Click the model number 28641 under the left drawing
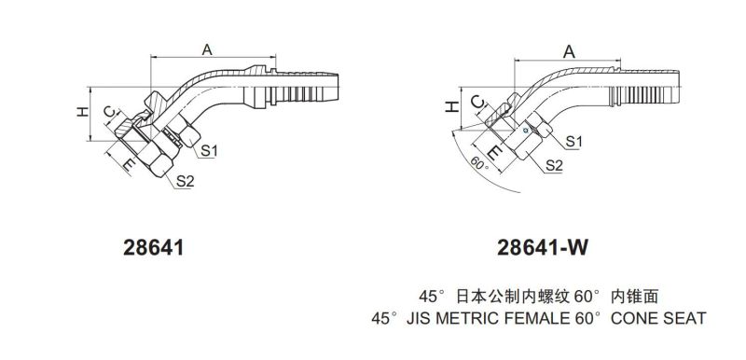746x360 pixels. tap(153, 247)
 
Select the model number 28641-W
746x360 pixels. tap(543, 247)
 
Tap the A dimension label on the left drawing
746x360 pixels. tap(206, 49)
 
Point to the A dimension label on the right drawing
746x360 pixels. tap(569, 52)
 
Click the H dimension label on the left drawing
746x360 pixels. tap(83, 112)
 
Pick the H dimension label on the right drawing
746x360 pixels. tap(451, 106)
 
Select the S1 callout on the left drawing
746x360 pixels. tap(209, 151)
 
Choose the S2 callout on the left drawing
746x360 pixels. tap(185, 181)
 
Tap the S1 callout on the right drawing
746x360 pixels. tap(573, 141)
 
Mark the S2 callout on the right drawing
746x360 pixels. tap(554, 165)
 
